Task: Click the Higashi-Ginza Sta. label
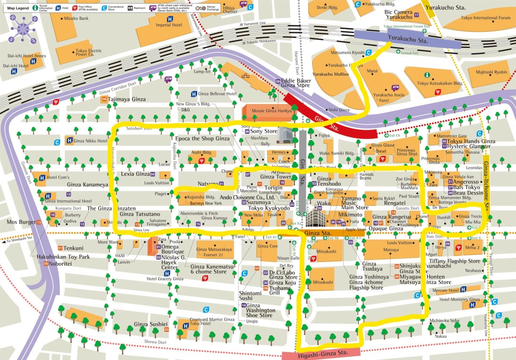(x=321, y=353)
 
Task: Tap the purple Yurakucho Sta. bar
(x=408, y=40)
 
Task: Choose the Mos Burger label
(x=19, y=222)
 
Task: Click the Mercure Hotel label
(x=445, y=290)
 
